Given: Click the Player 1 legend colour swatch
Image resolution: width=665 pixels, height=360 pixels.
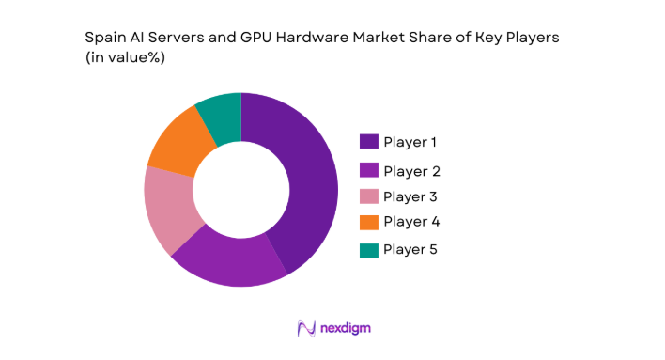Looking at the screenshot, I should [369, 142].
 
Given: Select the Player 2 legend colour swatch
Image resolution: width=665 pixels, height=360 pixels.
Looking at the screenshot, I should [369, 171].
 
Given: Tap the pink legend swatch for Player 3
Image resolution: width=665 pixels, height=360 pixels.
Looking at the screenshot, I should [369, 196].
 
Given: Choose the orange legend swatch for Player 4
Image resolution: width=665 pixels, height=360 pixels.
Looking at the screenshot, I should [369, 222].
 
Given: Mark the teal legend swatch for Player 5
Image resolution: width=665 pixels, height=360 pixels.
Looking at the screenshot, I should [369, 249].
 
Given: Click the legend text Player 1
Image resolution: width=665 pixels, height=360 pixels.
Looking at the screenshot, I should [410, 142].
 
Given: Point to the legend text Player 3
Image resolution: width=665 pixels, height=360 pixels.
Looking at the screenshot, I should [411, 196].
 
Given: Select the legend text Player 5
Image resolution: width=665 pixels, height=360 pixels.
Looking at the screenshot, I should [411, 249].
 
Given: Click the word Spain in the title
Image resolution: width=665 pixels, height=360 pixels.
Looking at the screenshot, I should [104, 38].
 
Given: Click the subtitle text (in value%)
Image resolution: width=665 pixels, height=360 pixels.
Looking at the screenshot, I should [129, 56].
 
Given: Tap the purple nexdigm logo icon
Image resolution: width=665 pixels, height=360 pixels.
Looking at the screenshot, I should [305, 328].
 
